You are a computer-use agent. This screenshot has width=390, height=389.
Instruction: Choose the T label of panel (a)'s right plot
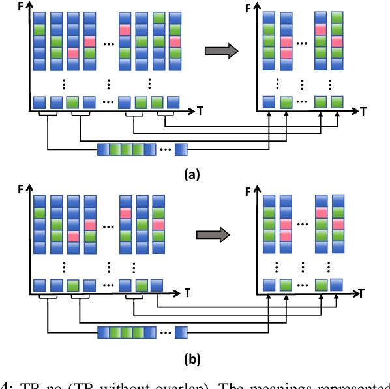[x=363, y=112]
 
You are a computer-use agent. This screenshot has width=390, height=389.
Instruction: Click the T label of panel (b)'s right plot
[x=363, y=294]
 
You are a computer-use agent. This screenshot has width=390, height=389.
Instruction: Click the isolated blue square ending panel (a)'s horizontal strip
[x=180, y=149]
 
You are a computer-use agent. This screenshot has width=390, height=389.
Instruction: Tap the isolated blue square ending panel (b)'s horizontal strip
[x=180, y=332]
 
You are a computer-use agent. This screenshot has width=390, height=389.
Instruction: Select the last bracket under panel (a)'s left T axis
[x=165, y=114]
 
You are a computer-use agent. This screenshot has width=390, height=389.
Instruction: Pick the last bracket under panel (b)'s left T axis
[x=134, y=297]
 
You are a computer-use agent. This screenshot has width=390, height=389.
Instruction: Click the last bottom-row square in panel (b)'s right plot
[x=337, y=284]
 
